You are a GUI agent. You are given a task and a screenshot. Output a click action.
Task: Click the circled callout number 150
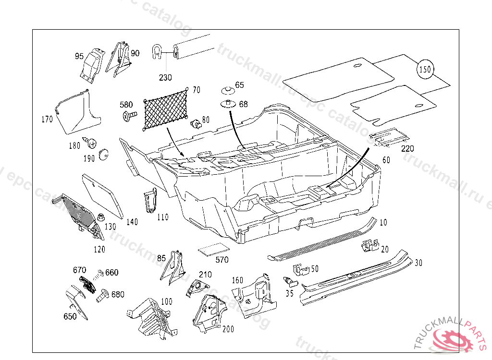[x=425, y=70]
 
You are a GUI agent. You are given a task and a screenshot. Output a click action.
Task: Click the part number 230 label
[x=165, y=77]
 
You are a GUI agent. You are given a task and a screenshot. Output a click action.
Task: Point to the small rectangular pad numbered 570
[x=213, y=250]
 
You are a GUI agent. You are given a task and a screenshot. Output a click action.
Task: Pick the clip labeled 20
[x=370, y=245]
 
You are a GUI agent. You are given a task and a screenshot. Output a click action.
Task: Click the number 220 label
[x=407, y=149]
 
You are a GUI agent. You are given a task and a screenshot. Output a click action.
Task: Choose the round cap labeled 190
[x=102, y=155]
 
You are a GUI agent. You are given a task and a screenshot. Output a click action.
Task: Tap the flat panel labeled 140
[x=102, y=194]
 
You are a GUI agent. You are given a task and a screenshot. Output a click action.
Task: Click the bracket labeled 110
[x=150, y=200]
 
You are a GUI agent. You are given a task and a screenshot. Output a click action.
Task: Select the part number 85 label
[x=161, y=258]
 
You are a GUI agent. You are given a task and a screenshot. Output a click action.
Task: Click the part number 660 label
[x=112, y=273]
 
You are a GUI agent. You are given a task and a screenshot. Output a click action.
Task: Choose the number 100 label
[x=166, y=301]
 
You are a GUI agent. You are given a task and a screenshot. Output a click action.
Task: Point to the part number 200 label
[x=228, y=329]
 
